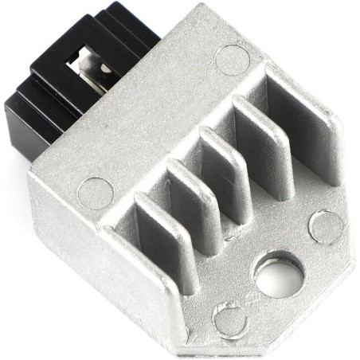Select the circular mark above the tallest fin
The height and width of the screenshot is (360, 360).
[232, 60]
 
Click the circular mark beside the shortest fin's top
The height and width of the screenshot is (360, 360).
[96, 194]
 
